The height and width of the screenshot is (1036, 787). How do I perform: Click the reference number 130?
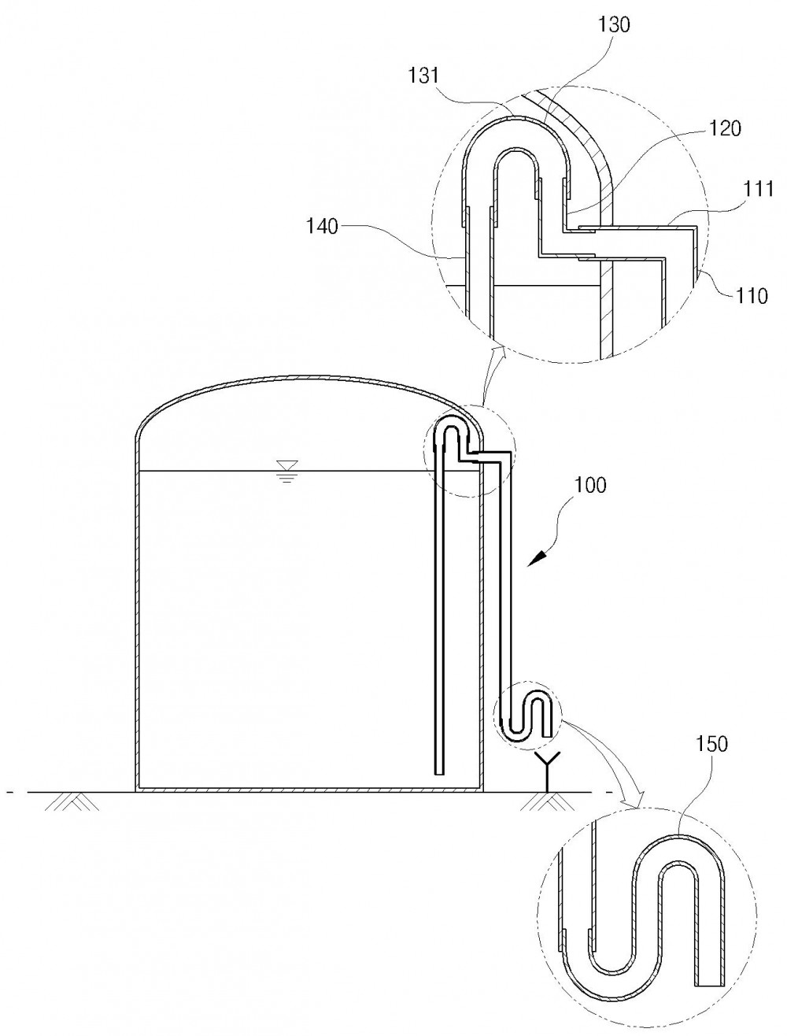coord(614,24)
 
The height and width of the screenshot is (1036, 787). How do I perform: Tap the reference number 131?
coord(423,76)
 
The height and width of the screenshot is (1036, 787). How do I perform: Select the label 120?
coord(725,128)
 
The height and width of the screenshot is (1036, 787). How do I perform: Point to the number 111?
coord(758,189)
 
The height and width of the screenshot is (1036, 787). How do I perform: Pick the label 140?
coord(323,227)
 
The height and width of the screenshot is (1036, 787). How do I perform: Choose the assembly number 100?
coord(590,485)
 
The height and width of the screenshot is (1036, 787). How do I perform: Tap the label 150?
coord(712,744)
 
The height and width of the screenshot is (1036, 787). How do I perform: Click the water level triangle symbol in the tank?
coord(286,465)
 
